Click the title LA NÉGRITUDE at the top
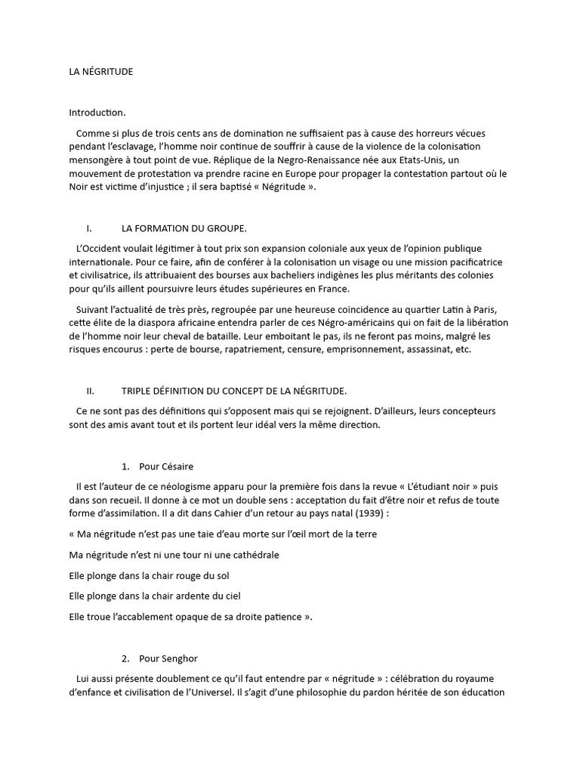tap(100, 72)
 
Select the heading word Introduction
tap(97, 113)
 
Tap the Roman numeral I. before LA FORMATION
tap(89, 228)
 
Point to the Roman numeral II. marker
tap(90, 391)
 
